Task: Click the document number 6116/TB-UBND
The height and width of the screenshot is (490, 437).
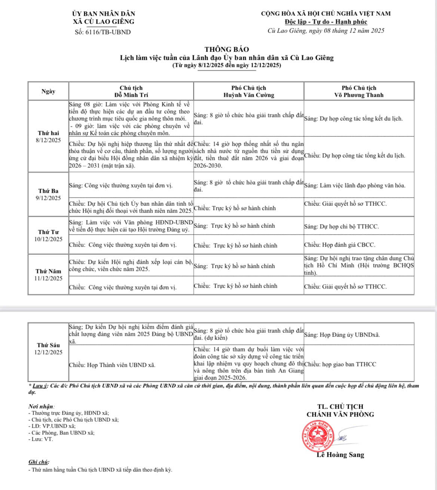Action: click(x=103, y=32)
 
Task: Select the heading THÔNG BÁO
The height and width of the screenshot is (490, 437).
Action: click(x=226, y=49)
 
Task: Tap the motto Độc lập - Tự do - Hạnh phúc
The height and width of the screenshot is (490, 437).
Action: click(x=326, y=22)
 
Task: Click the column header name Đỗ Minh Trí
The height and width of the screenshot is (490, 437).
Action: click(x=131, y=95)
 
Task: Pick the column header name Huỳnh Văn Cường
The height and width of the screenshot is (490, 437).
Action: click(x=248, y=95)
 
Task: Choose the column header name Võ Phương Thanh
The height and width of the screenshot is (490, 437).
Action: click(x=358, y=95)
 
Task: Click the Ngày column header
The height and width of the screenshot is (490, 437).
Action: click(x=48, y=91)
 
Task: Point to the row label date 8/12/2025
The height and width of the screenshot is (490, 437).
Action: click(x=48, y=140)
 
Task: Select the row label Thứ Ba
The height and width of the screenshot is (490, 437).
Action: click(x=48, y=191)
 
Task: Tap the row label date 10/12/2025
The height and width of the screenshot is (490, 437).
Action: click(x=48, y=239)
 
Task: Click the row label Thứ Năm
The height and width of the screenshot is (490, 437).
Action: click(x=48, y=271)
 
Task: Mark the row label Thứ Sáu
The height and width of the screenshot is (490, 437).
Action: click(x=48, y=345)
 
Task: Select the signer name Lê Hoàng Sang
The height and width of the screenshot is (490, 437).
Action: click(x=340, y=455)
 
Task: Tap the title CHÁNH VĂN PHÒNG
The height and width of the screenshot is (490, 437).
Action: click(x=340, y=414)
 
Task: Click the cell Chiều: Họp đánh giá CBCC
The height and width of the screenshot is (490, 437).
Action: click(x=339, y=245)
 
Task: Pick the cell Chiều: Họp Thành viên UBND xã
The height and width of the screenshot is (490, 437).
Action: click(x=112, y=365)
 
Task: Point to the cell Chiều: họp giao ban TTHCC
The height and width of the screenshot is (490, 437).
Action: click(x=340, y=364)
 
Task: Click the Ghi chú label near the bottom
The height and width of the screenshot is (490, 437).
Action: click(x=39, y=462)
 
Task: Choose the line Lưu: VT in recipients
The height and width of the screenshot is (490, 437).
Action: click(x=41, y=440)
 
